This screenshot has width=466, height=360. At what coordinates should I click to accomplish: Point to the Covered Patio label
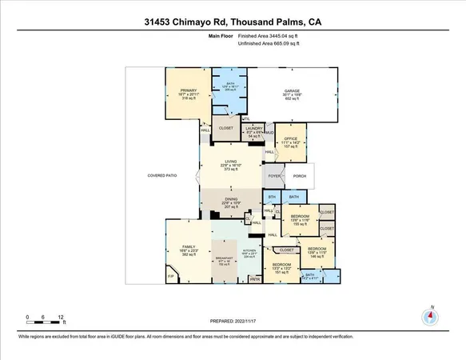[161, 175]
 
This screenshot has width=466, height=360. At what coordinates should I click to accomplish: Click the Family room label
[189, 248]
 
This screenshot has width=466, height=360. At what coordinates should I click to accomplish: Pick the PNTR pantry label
[255, 279]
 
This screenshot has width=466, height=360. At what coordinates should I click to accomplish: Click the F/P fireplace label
[171, 276]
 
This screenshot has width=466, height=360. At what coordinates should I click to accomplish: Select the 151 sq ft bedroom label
[282, 264]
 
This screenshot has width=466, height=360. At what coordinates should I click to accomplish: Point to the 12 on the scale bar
[62, 317]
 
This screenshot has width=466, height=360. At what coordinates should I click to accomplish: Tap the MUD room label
[270, 133]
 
